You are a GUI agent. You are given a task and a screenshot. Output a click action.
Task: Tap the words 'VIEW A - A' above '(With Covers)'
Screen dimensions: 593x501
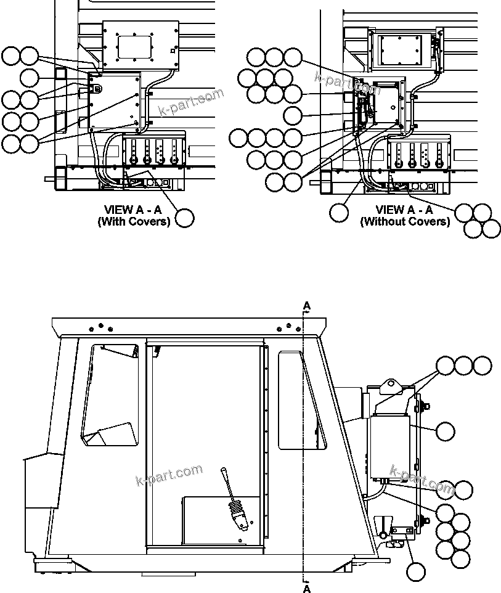pos(133,210)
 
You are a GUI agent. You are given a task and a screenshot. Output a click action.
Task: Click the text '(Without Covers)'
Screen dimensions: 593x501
pos(405,221)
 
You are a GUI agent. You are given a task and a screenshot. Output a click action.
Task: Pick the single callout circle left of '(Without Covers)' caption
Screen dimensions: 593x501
pos(338,213)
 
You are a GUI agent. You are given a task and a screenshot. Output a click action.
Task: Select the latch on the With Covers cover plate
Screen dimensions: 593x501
pos(97,88)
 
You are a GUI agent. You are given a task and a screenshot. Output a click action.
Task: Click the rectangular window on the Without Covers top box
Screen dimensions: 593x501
pos(400,49)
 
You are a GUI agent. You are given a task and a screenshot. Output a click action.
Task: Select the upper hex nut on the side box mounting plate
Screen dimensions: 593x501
pos(425,407)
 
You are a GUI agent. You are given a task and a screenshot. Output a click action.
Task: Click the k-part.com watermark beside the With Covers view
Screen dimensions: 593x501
pos(192,103)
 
